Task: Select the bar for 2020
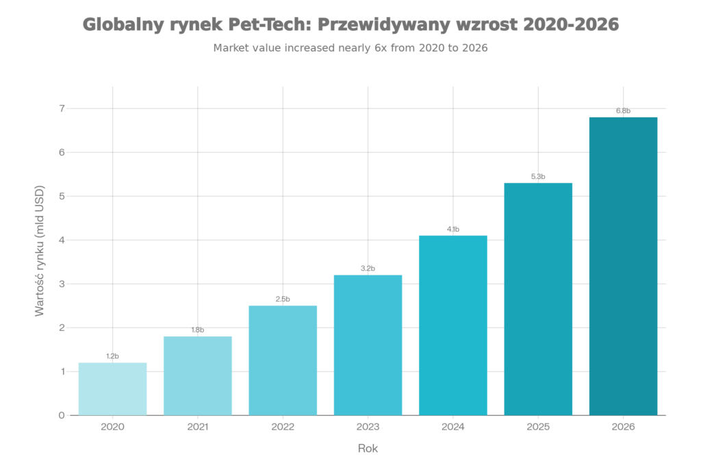pos(112,389)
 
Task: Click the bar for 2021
pos(198,375)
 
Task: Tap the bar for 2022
pos(283,360)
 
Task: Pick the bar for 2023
pos(368,345)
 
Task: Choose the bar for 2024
pos(453,325)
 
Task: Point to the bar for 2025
pos(538,299)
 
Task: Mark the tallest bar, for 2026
pos(623,266)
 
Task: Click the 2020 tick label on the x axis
pos(112,426)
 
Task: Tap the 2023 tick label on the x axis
pos(368,426)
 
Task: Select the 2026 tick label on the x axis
pos(623,426)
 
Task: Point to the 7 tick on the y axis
pos(62,108)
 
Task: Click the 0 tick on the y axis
pos(62,415)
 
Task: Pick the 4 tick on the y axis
pos(62,240)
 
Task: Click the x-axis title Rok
pos(368,448)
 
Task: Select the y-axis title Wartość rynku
pos(39,250)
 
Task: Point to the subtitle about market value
pos(350,48)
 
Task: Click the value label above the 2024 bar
pos(453,229)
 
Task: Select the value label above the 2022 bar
pos(283,299)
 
